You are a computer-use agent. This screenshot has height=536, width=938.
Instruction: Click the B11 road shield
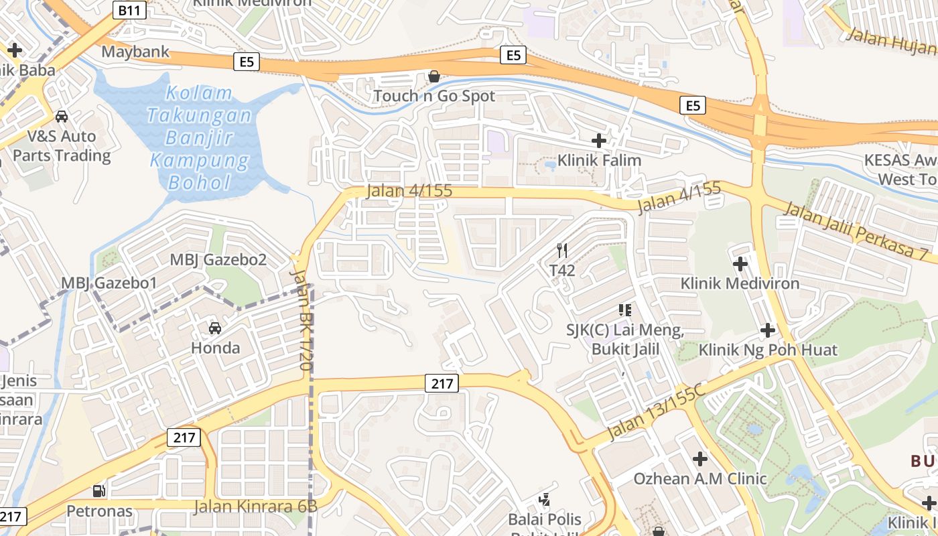tap(129, 10)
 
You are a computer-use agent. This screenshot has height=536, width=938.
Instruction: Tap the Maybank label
tap(135, 52)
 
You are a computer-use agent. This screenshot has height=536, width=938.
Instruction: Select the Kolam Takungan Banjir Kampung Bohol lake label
tap(200, 138)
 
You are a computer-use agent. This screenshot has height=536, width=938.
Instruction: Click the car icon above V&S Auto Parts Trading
tap(62, 116)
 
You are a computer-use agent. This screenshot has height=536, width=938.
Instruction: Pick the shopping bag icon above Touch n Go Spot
tap(434, 76)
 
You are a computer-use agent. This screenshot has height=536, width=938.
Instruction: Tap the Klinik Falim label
tap(600, 160)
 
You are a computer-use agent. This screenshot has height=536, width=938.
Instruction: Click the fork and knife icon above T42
tap(562, 251)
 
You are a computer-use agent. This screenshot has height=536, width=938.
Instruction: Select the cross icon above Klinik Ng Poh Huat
tap(768, 330)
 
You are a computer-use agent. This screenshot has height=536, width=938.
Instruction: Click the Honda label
tap(215, 348)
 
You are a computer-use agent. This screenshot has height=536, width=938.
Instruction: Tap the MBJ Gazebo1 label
tap(109, 283)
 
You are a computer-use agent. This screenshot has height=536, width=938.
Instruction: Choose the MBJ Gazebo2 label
tap(218, 260)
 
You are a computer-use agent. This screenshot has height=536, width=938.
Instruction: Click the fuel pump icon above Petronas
tap(99, 491)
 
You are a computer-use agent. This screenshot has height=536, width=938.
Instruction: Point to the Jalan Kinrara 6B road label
tap(255, 506)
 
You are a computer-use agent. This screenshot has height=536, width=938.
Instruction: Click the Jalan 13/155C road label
tap(656, 413)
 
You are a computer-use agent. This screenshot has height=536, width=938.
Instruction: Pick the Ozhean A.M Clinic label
tap(700, 478)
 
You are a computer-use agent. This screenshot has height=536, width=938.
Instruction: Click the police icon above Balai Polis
tap(545, 499)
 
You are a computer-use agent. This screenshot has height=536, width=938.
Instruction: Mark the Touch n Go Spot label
tap(434, 96)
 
